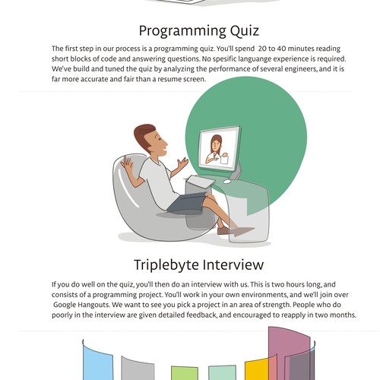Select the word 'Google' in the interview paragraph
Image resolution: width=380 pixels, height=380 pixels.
click(70, 303)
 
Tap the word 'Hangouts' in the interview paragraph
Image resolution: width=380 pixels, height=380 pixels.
click(108, 303)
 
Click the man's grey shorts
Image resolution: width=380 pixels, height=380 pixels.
click(186, 204)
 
